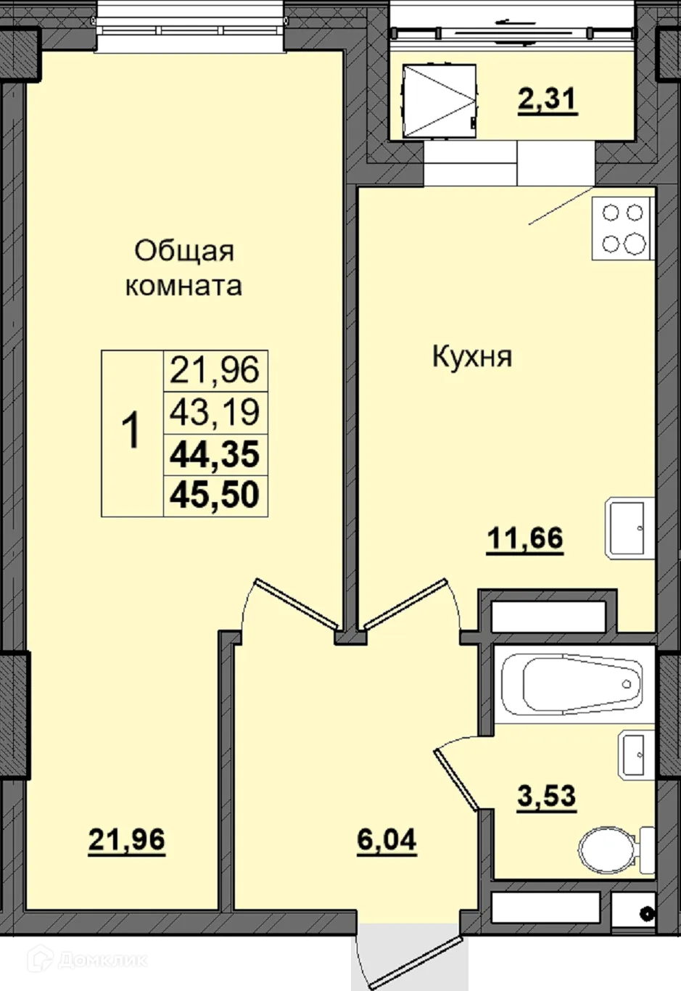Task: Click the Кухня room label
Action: pos(472,357)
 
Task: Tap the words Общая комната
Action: pos(183,268)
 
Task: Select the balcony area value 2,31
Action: pos(548,99)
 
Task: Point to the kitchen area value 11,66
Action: pos(525,539)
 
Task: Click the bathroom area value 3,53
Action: pos(547,796)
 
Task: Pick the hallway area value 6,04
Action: pos(387,840)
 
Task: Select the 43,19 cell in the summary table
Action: pos(215,412)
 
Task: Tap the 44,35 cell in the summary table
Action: pos(215,454)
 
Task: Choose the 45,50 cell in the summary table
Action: pos(215,495)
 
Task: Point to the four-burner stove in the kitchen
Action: pos(623,228)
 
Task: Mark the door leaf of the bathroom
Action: pos(456,781)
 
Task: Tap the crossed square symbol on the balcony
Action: pos(439,100)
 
